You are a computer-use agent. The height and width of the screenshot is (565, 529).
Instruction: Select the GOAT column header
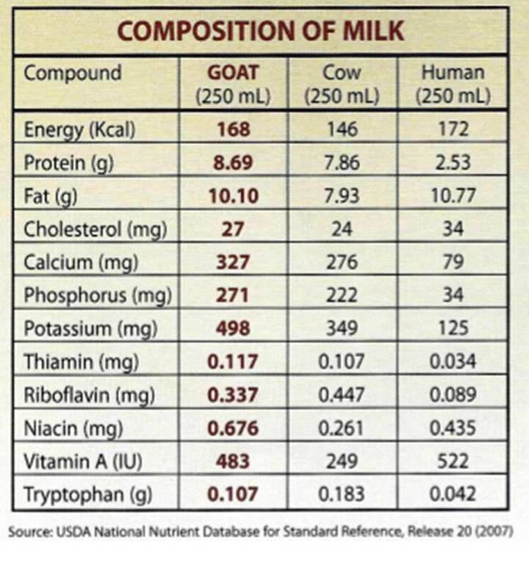click(233, 84)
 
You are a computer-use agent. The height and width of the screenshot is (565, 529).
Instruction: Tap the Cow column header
click(342, 84)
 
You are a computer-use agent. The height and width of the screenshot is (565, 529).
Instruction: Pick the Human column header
click(452, 84)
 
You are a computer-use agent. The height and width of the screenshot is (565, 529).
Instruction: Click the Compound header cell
click(73, 73)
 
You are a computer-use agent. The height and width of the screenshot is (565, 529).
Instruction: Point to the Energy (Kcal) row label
click(80, 130)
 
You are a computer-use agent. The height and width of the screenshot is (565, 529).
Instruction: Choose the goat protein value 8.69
click(233, 162)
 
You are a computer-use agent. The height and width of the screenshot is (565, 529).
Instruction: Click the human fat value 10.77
click(453, 195)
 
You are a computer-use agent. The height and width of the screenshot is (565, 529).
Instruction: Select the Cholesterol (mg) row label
click(96, 228)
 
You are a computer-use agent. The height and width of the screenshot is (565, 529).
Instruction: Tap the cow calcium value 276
click(342, 262)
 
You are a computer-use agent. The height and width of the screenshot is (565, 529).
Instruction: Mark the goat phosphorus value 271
click(233, 295)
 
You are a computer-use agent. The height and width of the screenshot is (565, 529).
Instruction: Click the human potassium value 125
click(453, 328)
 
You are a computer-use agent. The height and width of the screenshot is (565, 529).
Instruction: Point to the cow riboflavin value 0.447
click(342, 395)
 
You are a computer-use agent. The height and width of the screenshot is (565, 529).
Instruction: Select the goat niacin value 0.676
click(233, 428)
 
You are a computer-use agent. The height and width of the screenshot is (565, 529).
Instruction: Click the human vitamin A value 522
click(453, 461)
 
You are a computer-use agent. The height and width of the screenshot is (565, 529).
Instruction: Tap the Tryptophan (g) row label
click(88, 494)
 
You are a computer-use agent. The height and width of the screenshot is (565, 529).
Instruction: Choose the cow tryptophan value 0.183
click(342, 494)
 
